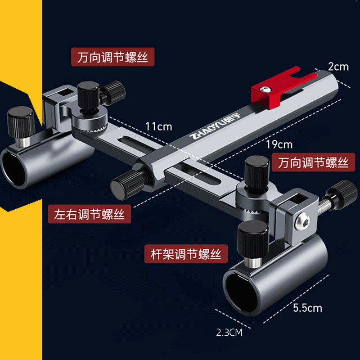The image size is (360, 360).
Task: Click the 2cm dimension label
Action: point(338,67)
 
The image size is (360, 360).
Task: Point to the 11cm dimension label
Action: point(158,126)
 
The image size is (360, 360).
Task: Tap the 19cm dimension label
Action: point(279,144)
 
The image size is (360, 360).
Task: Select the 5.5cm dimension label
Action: point(307,308)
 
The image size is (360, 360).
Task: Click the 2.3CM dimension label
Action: point(229,333)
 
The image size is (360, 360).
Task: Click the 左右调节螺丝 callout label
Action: point(89,214)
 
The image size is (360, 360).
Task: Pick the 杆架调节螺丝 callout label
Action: point(186,255)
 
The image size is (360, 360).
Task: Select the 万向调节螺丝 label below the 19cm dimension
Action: point(313,162)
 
